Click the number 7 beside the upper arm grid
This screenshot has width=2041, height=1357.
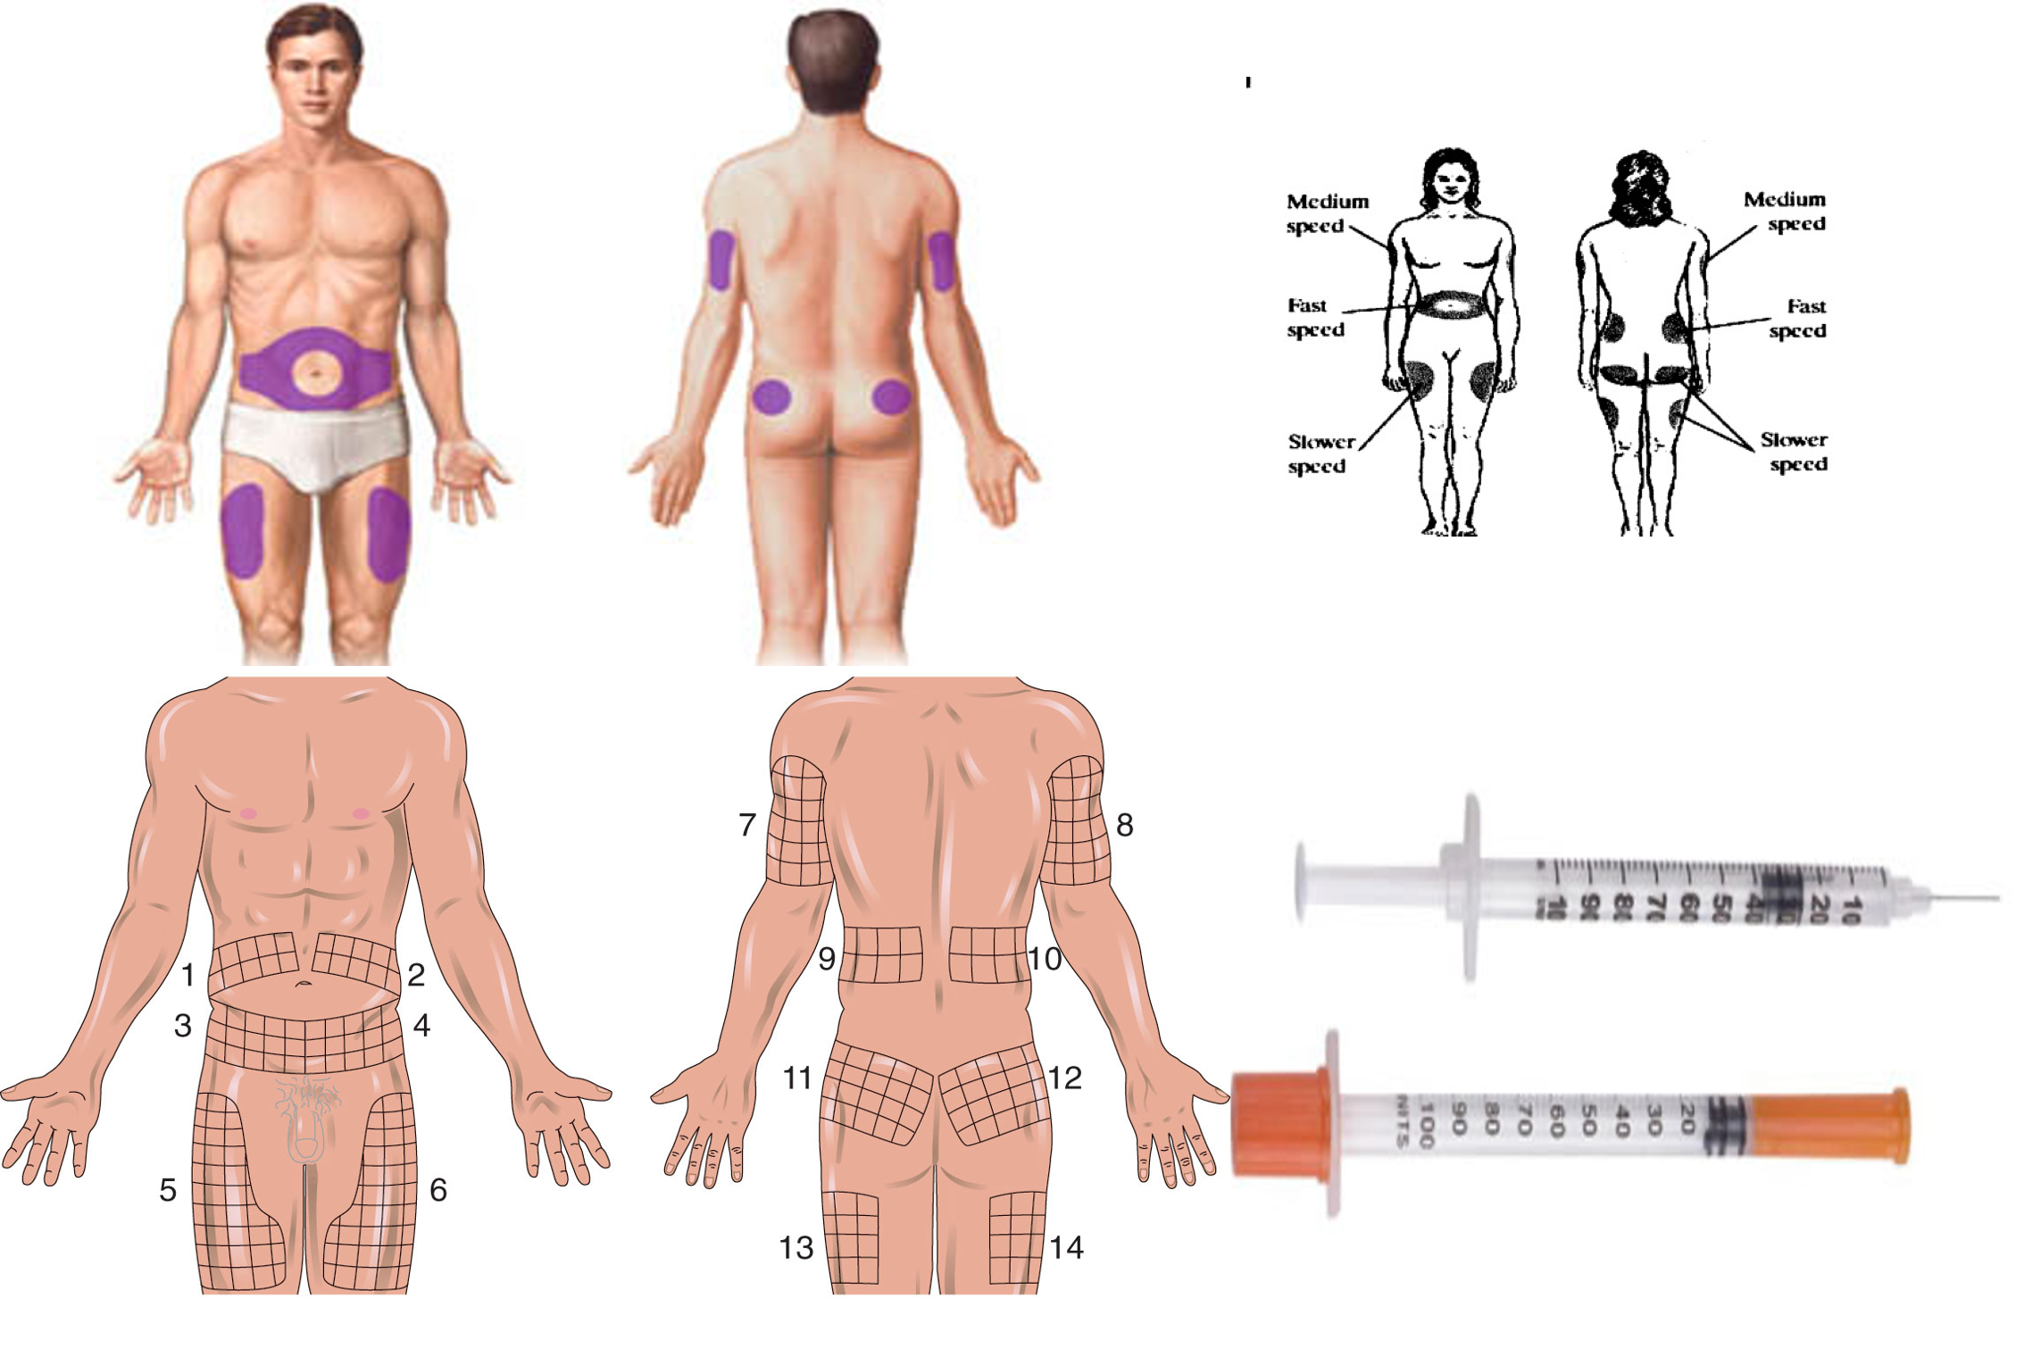pyautogui.click(x=747, y=825)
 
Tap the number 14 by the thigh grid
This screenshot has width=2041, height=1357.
pyautogui.click(x=1066, y=1247)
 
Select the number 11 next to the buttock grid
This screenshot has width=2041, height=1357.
pyautogui.click(x=797, y=1078)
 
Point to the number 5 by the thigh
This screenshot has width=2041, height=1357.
pyautogui.click(x=168, y=1190)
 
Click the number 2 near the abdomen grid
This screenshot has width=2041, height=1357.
pyautogui.click(x=416, y=975)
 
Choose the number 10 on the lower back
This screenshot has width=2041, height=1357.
pyautogui.click(x=1045, y=959)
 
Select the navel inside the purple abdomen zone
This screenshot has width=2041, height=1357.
pyautogui.click(x=314, y=370)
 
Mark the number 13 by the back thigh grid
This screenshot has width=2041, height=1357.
pyautogui.click(x=796, y=1247)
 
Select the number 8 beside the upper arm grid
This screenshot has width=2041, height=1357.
pyautogui.click(x=1125, y=825)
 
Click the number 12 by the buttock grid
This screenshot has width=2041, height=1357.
pyautogui.click(x=1065, y=1078)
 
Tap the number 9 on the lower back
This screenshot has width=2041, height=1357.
pyautogui.click(x=827, y=959)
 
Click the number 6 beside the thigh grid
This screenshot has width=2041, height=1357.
pyautogui.click(x=438, y=1190)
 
